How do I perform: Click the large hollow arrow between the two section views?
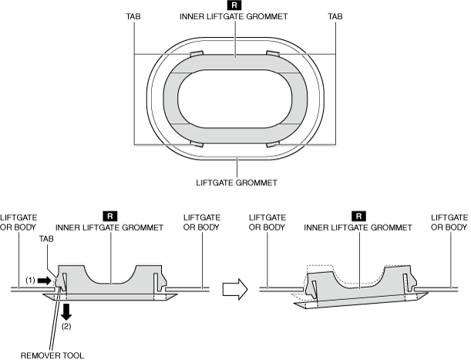[x=234, y=289]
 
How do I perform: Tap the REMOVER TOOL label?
[x=51, y=355]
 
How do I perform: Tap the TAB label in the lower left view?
[x=45, y=239]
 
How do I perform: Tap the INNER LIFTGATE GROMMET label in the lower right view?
[x=357, y=228]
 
